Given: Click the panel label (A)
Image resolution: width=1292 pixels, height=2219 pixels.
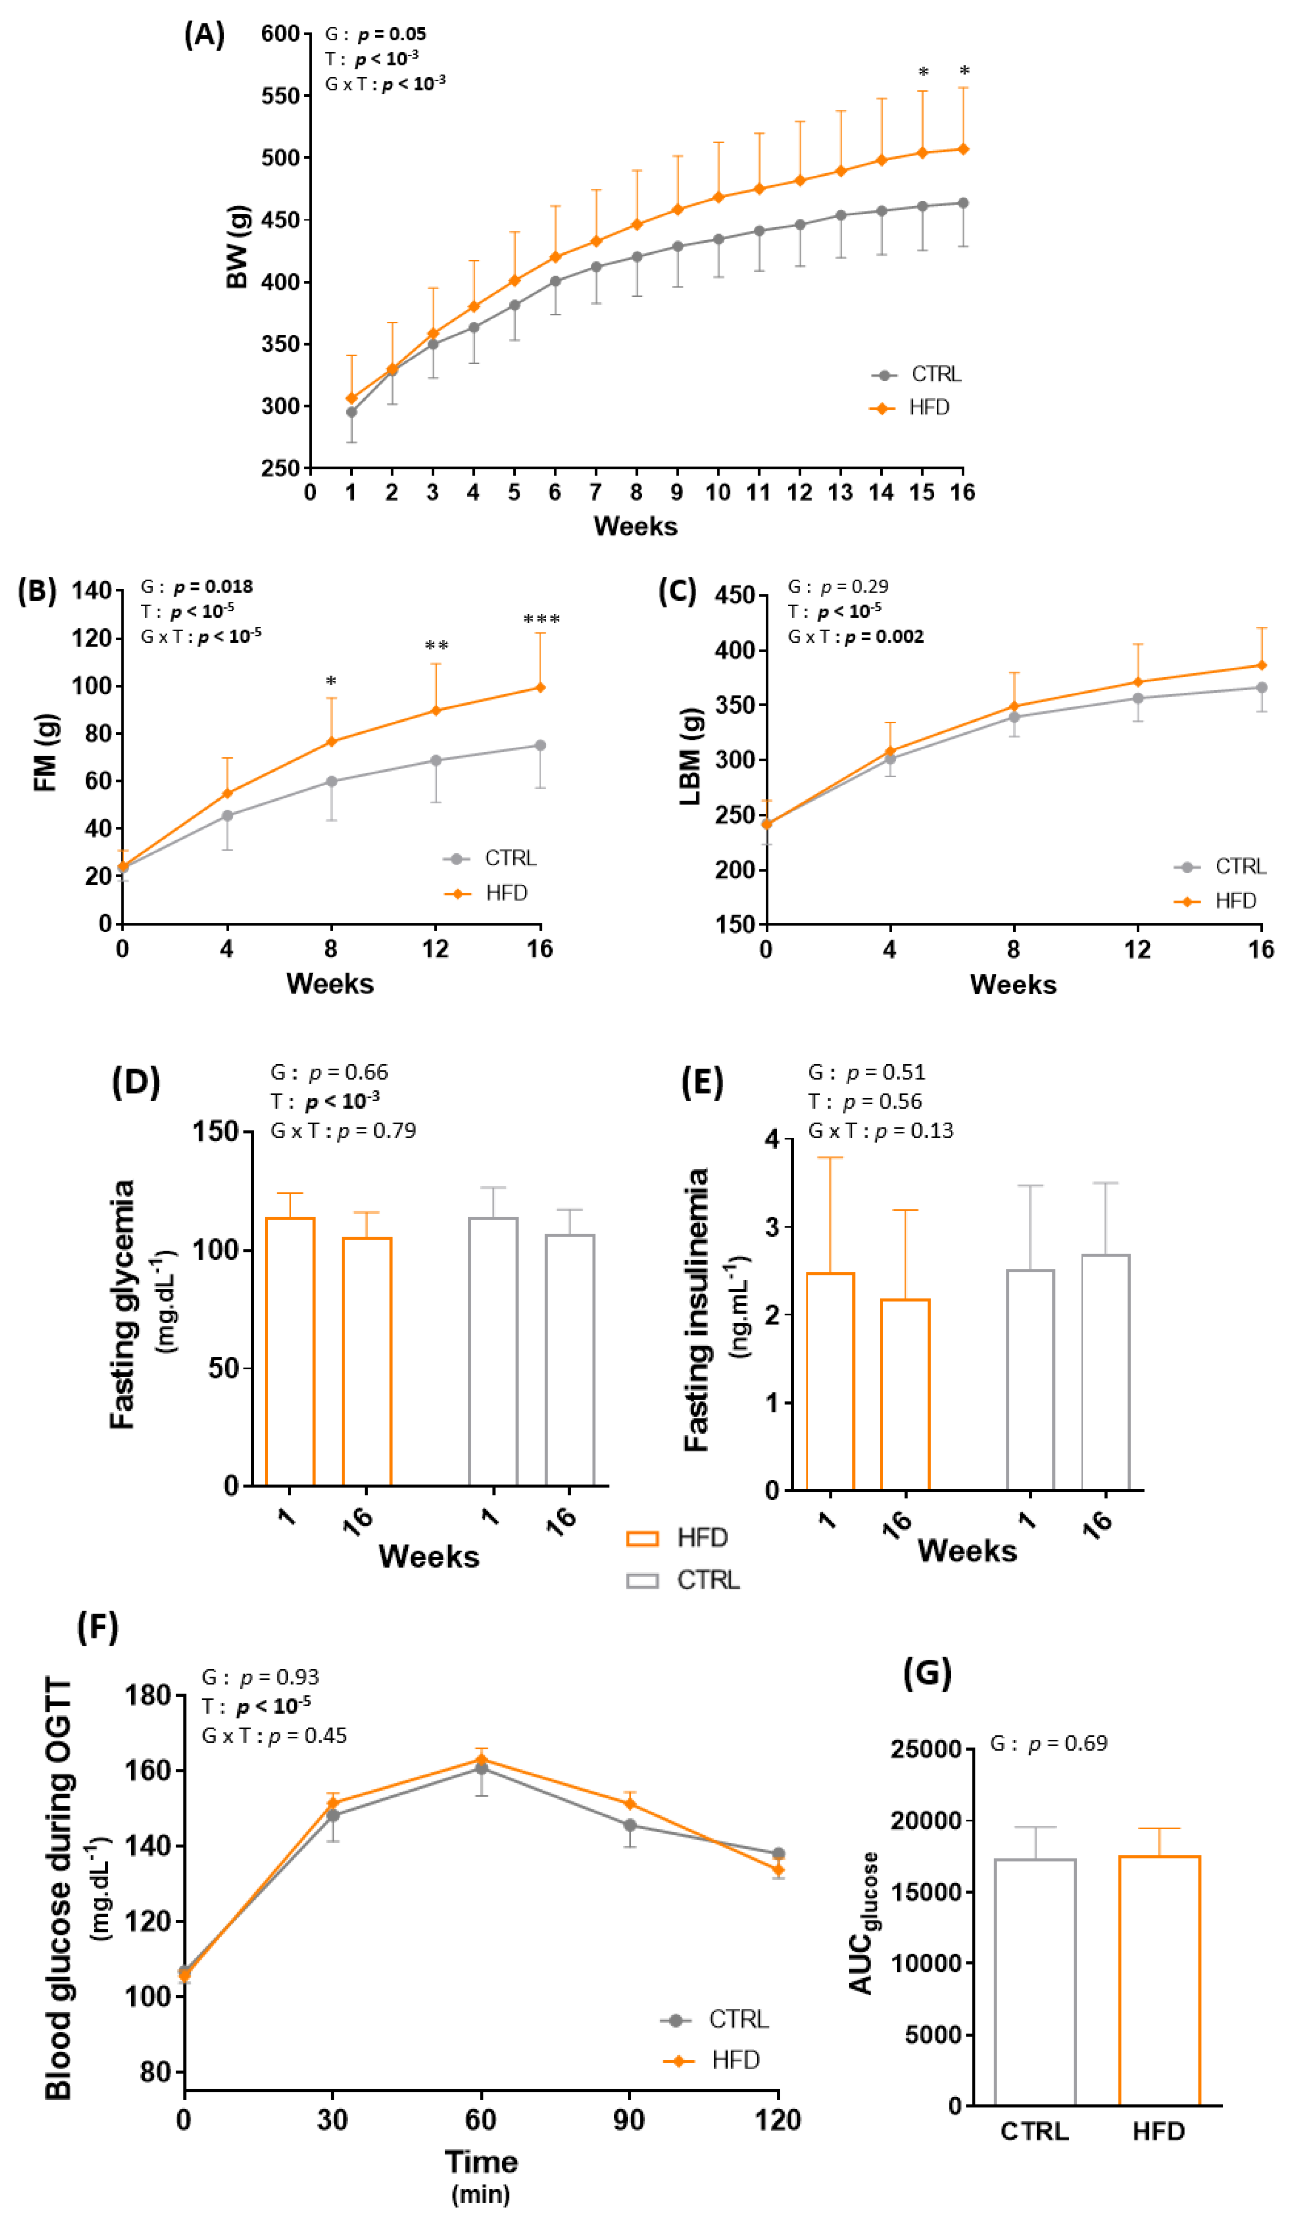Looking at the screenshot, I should (x=204, y=35).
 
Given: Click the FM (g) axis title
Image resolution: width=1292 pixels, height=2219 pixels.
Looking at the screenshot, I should (x=46, y=753).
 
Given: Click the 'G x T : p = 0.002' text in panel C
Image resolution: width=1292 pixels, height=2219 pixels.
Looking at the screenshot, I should (x=856, y=637).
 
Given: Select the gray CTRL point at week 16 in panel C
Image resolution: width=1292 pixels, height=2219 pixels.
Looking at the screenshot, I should (x=1261, y=688).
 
